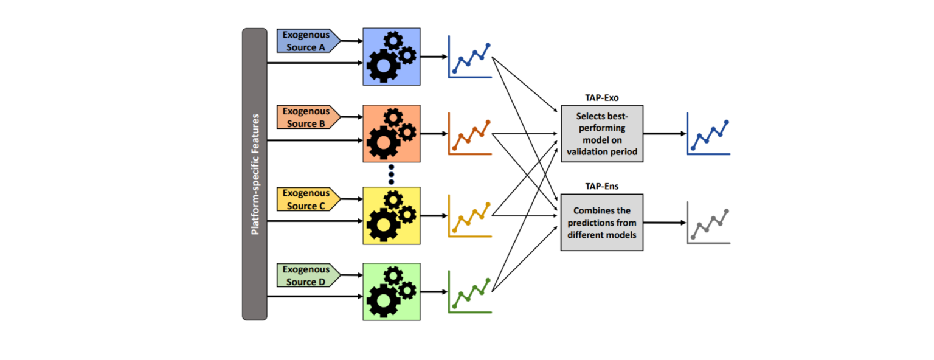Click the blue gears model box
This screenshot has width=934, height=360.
point(392,57)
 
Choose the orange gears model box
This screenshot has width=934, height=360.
point(392,133)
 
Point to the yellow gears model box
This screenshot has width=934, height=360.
point(392,215)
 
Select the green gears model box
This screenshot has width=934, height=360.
point(392,292)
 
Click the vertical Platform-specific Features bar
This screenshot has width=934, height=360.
point(255,174)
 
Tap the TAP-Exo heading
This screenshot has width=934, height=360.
point(601,97)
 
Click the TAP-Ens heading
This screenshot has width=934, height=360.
point(601,186)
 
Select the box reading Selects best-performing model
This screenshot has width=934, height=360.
point(601,133)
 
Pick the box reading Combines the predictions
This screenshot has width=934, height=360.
point(601,222)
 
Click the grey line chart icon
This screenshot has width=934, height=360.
point(708,224)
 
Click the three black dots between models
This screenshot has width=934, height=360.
point(392,175)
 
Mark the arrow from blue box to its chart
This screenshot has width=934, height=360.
point(432,57)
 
